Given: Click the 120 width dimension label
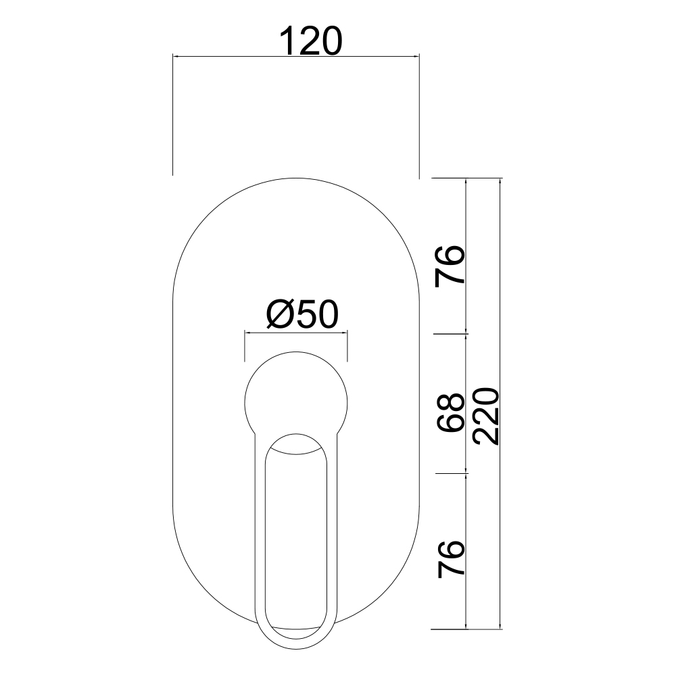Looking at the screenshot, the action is [x=311, y=41].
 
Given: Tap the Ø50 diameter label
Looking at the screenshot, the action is [x=302, y=315].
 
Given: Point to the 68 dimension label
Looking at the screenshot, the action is [x=450, y=412].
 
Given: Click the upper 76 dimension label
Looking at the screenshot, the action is [x=450, y=266].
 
